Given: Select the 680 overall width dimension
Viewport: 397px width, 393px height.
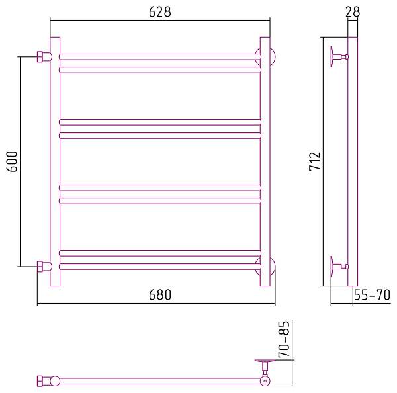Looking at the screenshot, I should [x=159, y=296].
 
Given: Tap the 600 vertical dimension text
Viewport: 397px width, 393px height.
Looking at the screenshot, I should [x=13, y=161].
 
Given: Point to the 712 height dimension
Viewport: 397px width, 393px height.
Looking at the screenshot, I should [x=315, y=161].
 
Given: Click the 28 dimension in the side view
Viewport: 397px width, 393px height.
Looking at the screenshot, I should [x=352, y=12].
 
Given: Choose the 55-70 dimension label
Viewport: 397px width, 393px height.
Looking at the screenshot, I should [x=373, y=296].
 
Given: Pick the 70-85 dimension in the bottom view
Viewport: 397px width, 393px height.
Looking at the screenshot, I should [x=285, y=340].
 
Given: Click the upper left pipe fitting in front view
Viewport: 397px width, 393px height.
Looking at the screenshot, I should [x=43, y=56].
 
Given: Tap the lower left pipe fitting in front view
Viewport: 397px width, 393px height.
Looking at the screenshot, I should [x=43, y=267].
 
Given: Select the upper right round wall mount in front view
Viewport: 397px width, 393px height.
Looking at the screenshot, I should [x=270, y=56].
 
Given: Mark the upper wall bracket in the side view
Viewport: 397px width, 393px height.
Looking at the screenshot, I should [x=337, y=56].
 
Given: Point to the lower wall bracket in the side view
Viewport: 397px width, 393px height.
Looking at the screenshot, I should [x=337, y=267].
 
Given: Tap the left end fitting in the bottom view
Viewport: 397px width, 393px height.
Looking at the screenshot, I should [x=44, y=381].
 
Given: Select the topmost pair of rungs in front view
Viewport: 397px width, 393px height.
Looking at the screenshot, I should [x=160, y=63].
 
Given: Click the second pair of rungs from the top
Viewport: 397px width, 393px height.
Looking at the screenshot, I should [x=160, y=128].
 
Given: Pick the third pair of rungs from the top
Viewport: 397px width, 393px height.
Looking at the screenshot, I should [x=160, y=194].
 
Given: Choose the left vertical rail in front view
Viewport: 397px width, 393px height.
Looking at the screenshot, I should [x=55, y=161].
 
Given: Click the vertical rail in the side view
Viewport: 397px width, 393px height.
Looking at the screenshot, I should [x=353, y=161].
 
